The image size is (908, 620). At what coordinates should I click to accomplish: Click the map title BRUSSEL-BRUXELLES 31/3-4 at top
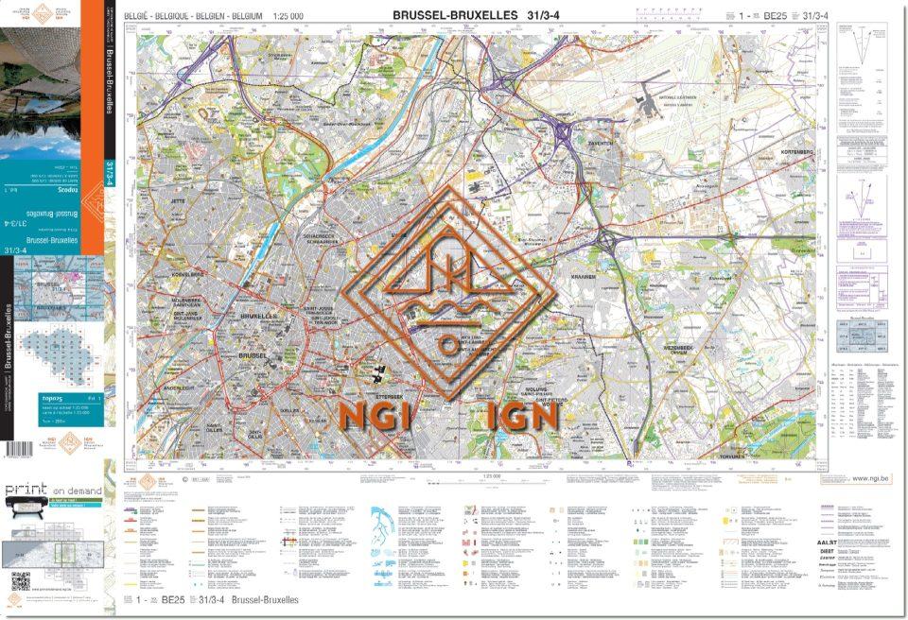(470, 15)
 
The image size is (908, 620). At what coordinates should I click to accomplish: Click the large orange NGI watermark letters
(375, 417)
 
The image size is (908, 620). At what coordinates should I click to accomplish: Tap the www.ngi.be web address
(870, 479)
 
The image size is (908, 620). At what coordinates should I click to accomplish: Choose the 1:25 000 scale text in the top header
(288, 16)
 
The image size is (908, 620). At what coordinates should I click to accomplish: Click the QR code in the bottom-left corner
(18, 580)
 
